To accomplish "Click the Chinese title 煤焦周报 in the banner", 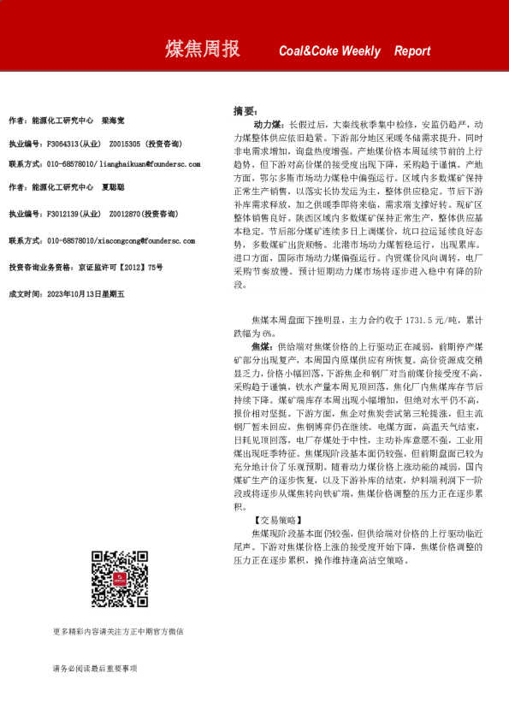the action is [x=202, y=50].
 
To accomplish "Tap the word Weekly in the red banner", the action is [x=360, y=51].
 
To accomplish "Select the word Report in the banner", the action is [x=412, y=51].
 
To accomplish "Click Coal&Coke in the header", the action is [x=309, y=51].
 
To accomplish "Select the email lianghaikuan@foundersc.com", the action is [x=147, y=163].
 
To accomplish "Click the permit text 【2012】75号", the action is [x=137, y=268].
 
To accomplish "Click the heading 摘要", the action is [x=245, y=111].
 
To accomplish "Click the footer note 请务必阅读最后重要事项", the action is [x=94, y=669].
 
